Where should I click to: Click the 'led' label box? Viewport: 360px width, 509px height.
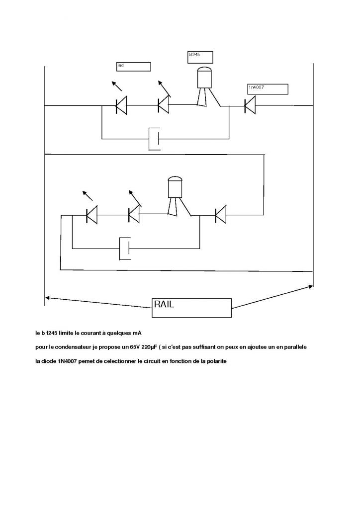(x=133, y=67)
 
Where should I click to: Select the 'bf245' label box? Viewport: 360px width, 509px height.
(x=200, y=57)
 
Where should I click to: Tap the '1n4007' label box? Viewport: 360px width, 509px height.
(x=268, y=89)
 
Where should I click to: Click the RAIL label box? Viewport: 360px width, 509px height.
(x=191, y=308)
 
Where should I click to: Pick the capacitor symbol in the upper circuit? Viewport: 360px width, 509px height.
(x=155, y=139)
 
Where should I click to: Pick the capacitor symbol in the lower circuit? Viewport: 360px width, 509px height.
(x=125, y=248)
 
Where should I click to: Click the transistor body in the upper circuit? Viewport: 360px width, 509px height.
(x=204, y=79)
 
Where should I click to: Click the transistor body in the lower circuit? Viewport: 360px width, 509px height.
(x=175, y=187)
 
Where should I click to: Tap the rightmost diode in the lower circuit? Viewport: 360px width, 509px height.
(x=220, y=215)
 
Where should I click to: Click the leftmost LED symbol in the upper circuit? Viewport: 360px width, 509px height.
(x=121, y=105)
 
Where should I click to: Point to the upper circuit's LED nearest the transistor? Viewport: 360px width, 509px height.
(x=163, y=105)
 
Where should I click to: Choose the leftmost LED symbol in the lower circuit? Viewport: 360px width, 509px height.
(x=91, y=215)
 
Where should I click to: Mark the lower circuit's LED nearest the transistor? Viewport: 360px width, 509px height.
(x=134, y=215)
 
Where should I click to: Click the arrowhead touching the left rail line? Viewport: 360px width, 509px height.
(x=48, y=298)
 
